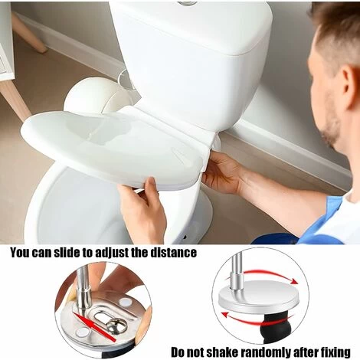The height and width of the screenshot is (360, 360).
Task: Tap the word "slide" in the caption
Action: click(67, 253)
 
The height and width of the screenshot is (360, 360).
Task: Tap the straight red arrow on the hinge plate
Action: click(93, 326)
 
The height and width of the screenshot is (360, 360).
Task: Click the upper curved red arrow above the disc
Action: click(271, 275)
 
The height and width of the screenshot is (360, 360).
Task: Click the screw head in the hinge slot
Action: click(116, 326)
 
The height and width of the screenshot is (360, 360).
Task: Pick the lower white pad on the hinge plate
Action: click(83, 332)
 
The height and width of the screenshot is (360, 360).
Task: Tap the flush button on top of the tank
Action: click(188, 3)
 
